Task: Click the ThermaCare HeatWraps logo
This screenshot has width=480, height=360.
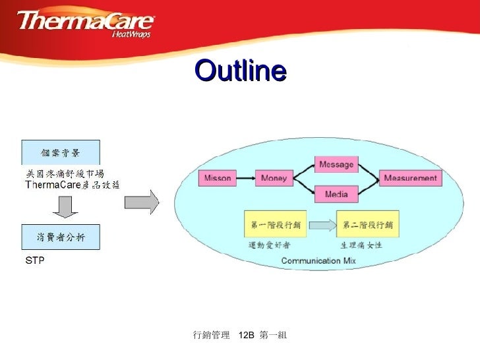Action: [86, 24]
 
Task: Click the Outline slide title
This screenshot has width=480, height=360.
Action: [241, 71]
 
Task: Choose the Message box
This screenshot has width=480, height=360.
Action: [336, 164]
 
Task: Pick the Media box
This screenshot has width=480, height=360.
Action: [336, 194]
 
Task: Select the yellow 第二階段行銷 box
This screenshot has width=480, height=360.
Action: [367, 225]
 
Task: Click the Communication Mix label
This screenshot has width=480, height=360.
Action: [318, 261]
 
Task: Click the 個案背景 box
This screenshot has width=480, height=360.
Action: [61, 152]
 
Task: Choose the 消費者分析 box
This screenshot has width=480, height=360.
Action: [61, 237]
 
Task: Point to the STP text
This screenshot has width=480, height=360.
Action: [34, 261]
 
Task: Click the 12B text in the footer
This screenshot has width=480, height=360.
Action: [246, 336]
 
